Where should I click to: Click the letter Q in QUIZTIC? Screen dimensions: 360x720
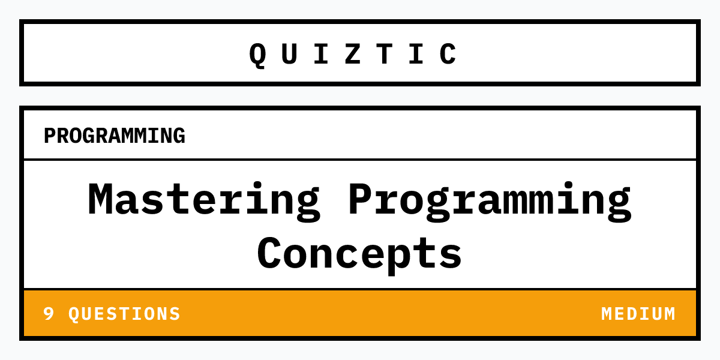(257, 54)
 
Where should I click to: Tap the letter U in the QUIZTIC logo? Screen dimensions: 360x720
(289, 54)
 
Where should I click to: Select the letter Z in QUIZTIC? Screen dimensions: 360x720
(353, 54)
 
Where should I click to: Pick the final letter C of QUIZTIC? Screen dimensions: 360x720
(448, 54)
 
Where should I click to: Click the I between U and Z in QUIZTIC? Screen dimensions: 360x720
(321, 54)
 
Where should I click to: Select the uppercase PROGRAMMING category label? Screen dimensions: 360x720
(114, 136)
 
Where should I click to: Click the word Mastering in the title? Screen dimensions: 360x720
(204, 200)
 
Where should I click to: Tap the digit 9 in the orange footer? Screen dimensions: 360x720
(49, 314)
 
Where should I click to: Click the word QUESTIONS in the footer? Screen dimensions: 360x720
(124, 314)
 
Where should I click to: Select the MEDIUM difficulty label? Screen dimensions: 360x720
(638, 314)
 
